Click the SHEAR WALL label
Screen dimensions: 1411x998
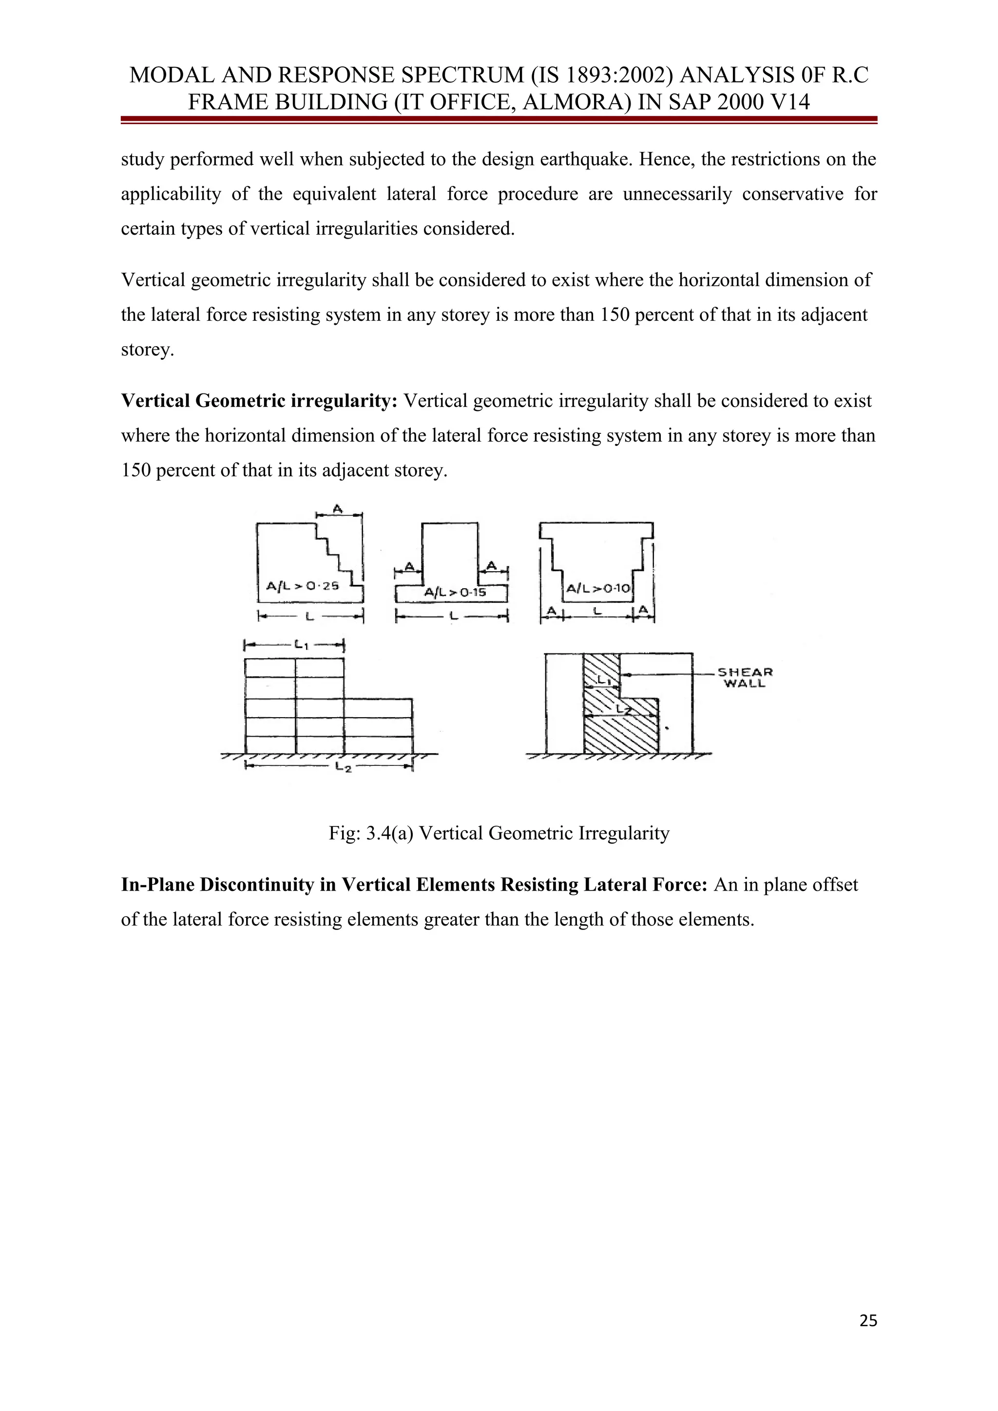click(x=744, y=677)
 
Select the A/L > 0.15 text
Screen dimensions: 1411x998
click(x=455, y=593)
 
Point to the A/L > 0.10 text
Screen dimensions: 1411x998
click(x=598, y=589)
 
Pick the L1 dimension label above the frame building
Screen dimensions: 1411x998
click(x=301, y=645)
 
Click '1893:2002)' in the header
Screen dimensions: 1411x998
click(x=620, y=75)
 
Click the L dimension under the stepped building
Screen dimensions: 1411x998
click(x=309, y=615)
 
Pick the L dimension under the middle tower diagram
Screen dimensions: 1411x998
click(x=452, y=615)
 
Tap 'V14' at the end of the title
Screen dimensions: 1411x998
click(x=789, y=101)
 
